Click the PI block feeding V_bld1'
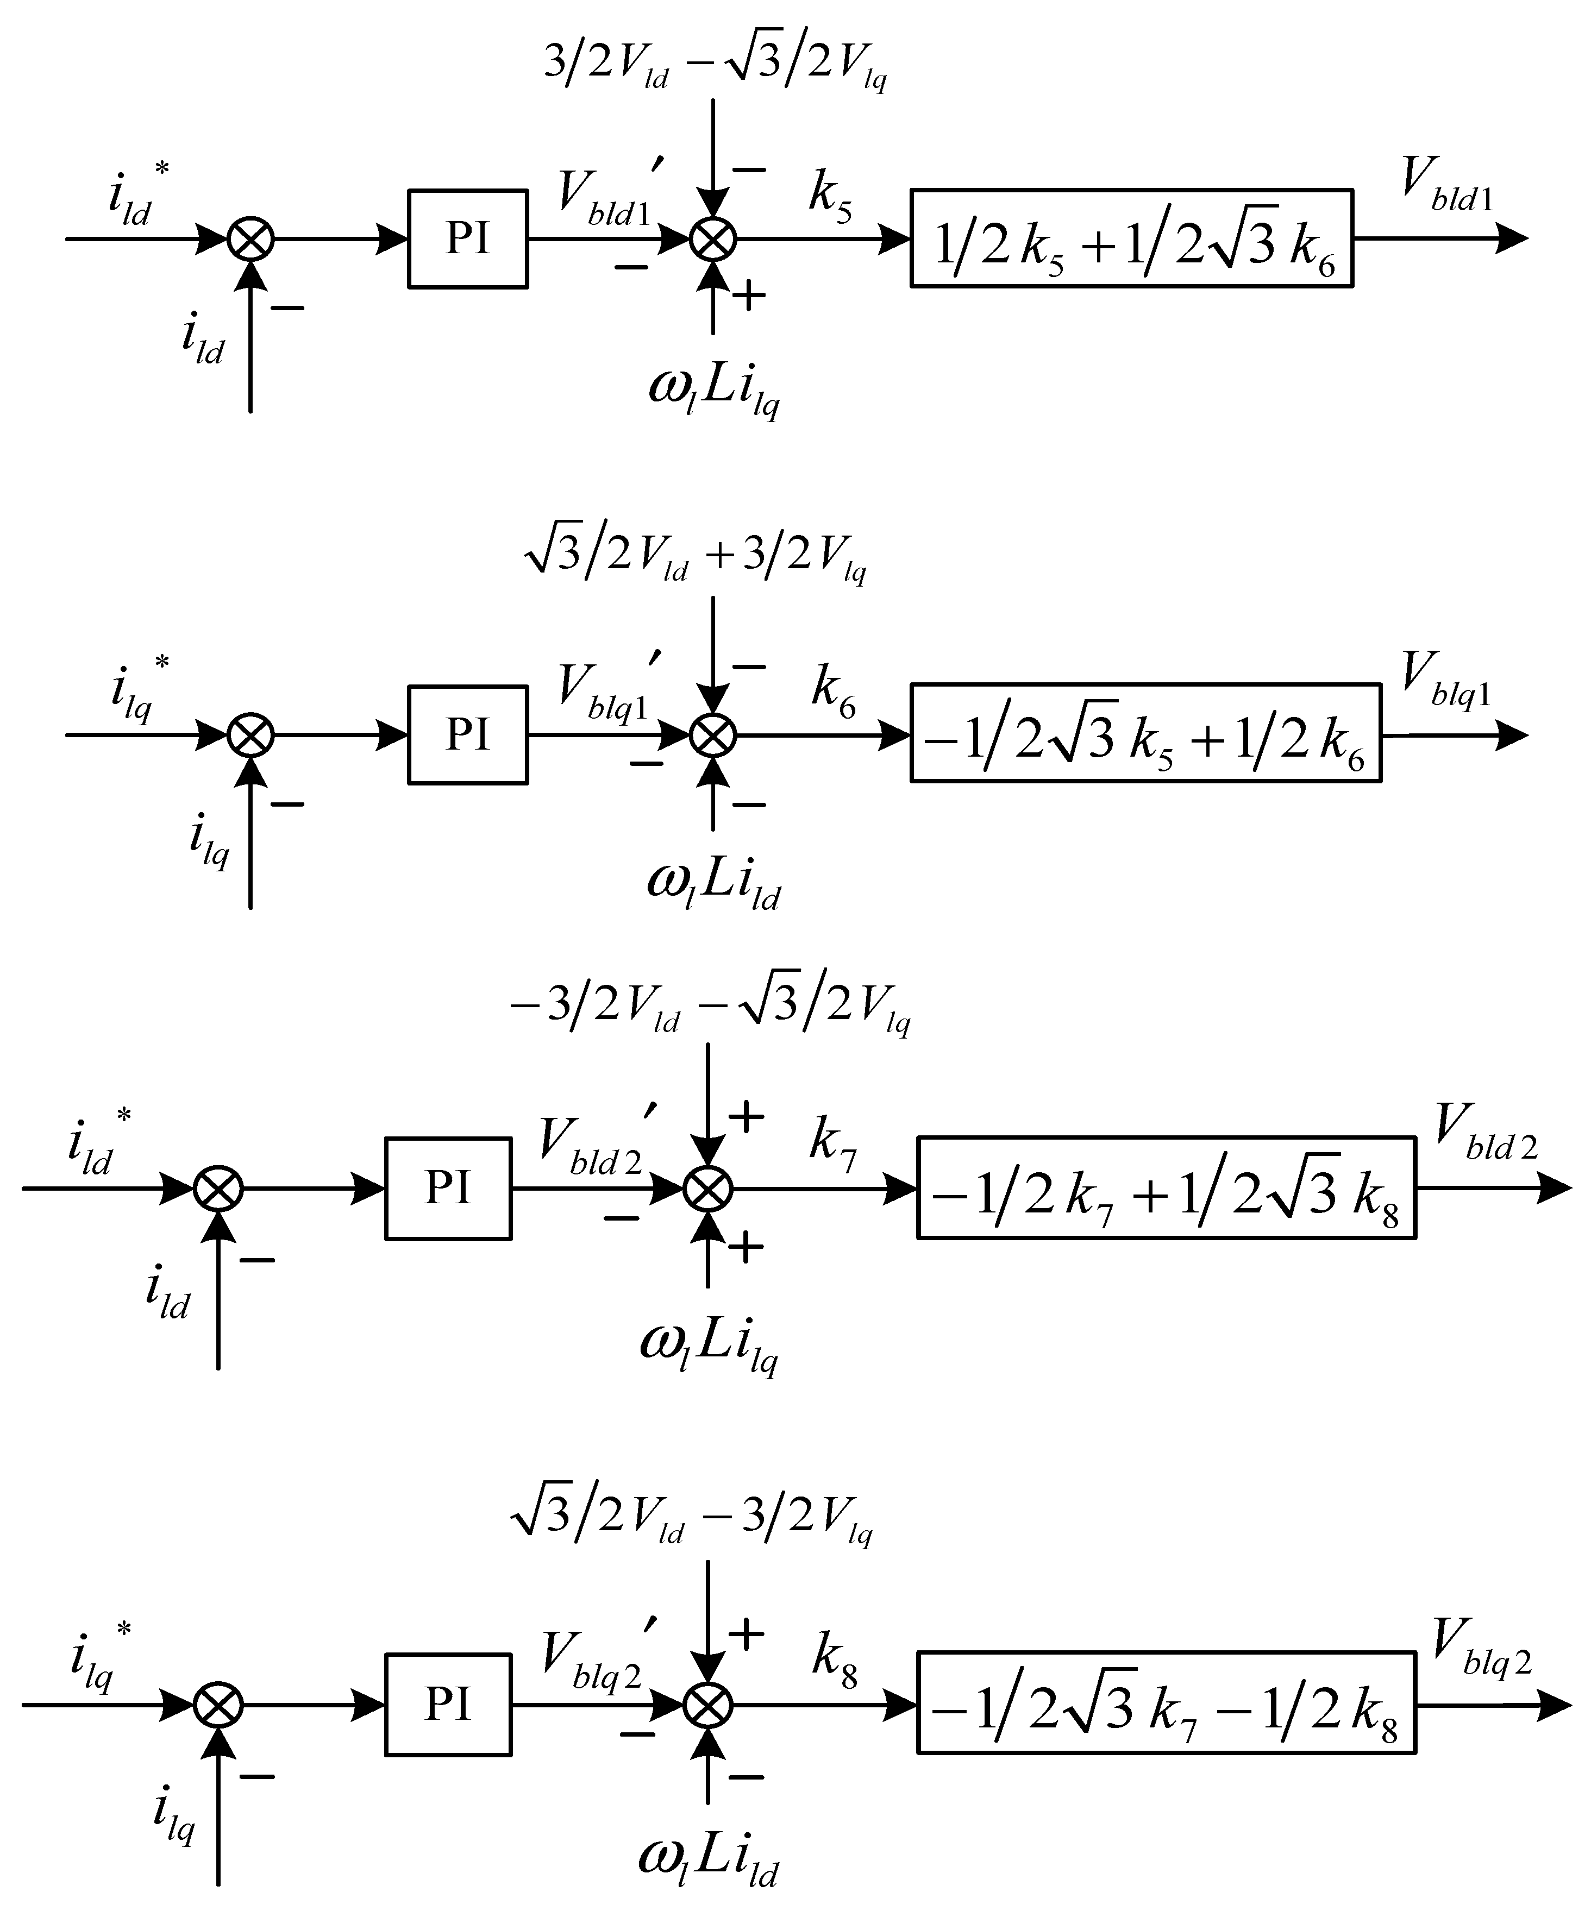coord(467,238)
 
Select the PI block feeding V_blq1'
coord(467,734)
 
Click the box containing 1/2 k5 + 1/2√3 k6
coord(1131,238)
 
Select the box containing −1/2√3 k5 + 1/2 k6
coord(1145,733)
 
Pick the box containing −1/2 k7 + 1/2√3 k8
coord(1166,1187)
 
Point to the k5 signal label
coord(830,195)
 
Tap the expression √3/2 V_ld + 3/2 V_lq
coord(696,557)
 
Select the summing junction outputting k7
coord(708,1189)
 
